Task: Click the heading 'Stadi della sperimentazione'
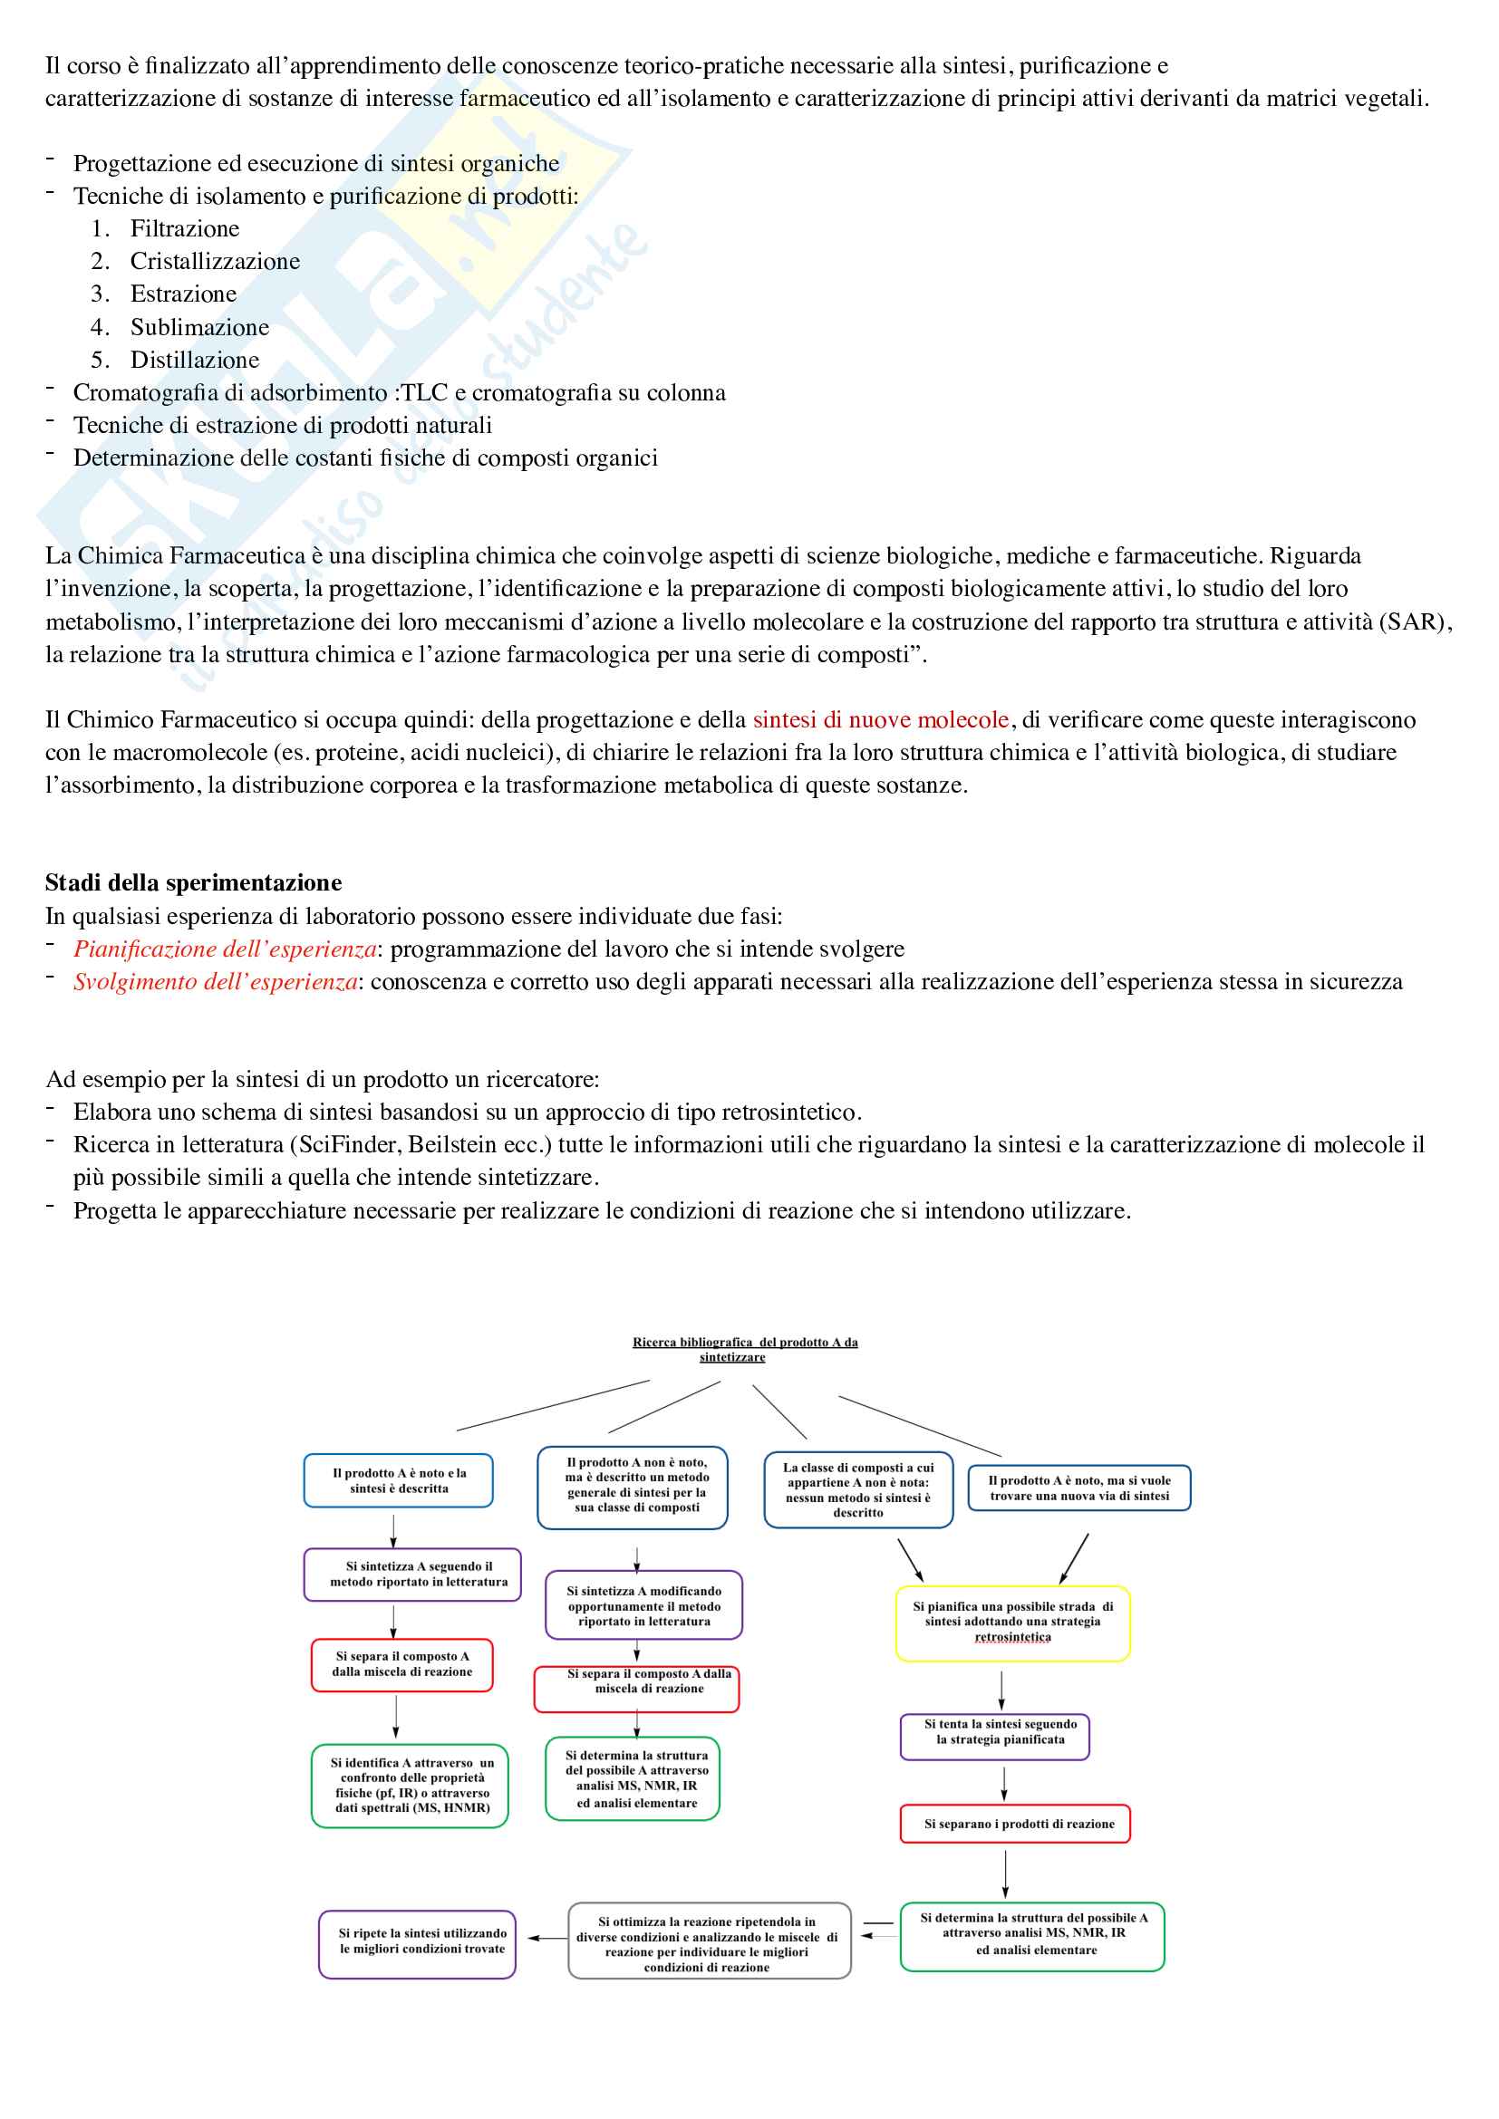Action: (x=193, y=883)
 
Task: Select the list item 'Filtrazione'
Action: (x=185, y=229)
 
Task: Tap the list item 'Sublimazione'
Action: (x=199, y=328)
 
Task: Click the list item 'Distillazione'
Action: (x=195, y=360)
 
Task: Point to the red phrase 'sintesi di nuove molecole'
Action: (x=881, y=720)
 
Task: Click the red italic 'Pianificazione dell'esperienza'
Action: (x=224, y=949)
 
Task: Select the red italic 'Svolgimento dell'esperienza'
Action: (x=215, y=982)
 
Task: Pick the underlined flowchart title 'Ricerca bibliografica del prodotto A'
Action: (x=744, y=1349)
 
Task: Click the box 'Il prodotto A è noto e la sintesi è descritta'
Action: (x=399, y=1480)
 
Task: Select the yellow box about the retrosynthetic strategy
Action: (x=1012, y=1623)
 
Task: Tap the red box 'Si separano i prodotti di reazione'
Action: (x=1015, y=1824)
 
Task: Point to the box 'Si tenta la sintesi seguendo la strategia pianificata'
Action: (x=995, y=1737)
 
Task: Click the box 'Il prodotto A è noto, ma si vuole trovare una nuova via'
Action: (x=1079, y=1488)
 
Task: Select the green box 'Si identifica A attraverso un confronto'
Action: (x=410, y=1785)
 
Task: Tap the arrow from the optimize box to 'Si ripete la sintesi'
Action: (x=548, y=1938)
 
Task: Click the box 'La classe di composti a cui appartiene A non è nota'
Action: (x=858, y=1489)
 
